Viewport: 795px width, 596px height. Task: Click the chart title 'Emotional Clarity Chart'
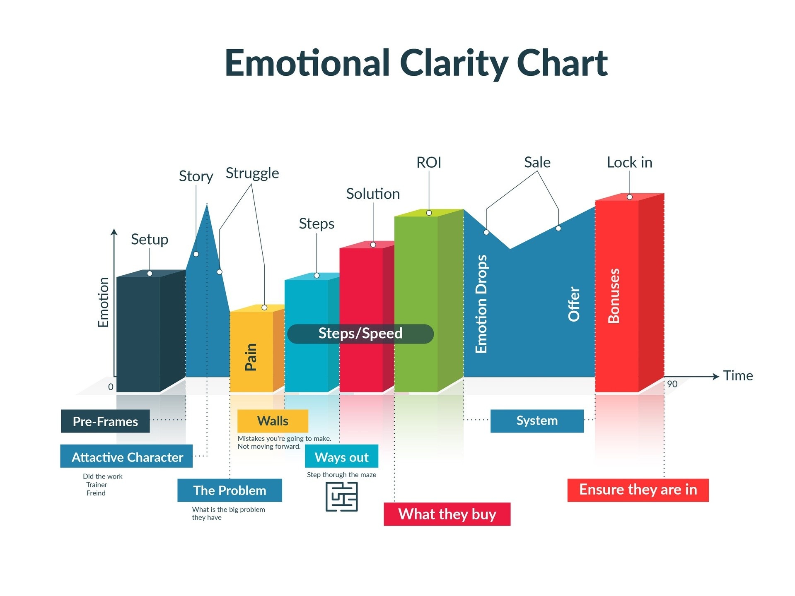[416, 63]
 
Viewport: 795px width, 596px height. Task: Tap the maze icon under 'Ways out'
[341, 497]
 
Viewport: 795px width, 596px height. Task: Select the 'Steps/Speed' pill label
[360, 334]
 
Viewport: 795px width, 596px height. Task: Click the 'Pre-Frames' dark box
[105, 421]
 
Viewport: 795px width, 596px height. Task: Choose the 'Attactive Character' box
[126, 457]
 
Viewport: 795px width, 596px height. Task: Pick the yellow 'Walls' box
[273, 421]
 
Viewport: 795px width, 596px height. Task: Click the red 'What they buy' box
[447, 514]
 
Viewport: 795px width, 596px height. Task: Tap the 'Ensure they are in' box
[638, 490]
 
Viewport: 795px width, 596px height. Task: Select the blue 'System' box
[536, 421]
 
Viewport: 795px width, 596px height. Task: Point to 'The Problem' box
[230, 490]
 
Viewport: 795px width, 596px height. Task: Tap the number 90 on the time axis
[672, 384]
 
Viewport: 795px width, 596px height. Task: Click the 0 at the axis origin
[111, 387]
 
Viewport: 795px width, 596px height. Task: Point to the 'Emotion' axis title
[103, 302]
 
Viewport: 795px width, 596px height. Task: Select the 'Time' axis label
[738, 376]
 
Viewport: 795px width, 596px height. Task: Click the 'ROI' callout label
[428, 163]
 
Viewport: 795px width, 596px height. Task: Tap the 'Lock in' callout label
[629, 163]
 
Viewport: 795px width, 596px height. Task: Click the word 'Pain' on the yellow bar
[251, 357]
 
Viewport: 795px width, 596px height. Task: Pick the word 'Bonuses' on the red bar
[614, 296]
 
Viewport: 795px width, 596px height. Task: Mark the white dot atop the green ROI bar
[429, 213]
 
